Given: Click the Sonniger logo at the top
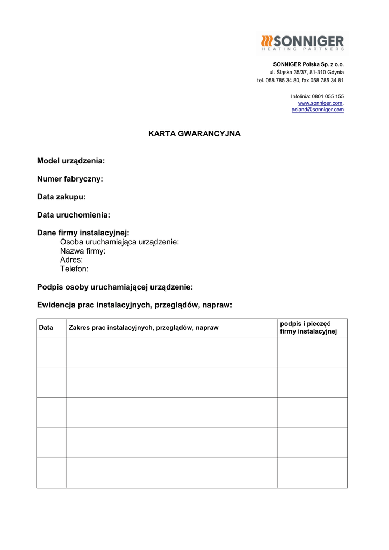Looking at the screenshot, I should tap(302, 42).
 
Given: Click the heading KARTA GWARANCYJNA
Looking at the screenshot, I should tap(194, 134).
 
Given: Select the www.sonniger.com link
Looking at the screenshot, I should tap(320, 103).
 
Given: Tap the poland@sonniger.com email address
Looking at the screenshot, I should tap(318, 110).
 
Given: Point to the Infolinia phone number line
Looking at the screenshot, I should tap(317, 96).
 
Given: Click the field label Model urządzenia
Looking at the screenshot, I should tap(71, 161).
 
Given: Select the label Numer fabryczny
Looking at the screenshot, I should tap(70, 179).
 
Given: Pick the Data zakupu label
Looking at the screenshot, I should tap(61, 197).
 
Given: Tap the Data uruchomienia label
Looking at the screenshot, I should tap(74, 215).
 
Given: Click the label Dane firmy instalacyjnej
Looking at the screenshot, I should tap(83, 233).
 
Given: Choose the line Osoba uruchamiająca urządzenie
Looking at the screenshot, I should tap(119, 242).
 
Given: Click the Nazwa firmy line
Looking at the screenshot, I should tap(83, 251).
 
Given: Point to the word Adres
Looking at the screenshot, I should tap(71, 260).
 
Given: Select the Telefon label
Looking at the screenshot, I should tap(74, 269).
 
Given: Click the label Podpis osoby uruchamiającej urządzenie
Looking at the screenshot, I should tap(115, 287).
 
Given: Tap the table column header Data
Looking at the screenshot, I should tap(46, 328).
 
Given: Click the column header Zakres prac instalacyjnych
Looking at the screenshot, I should tap(143, 328).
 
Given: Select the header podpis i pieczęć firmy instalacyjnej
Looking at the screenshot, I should tap(308, 328).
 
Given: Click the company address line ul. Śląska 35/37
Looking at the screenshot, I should tap(307, 72).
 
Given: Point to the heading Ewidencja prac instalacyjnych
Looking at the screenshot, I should tap(134, 305).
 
